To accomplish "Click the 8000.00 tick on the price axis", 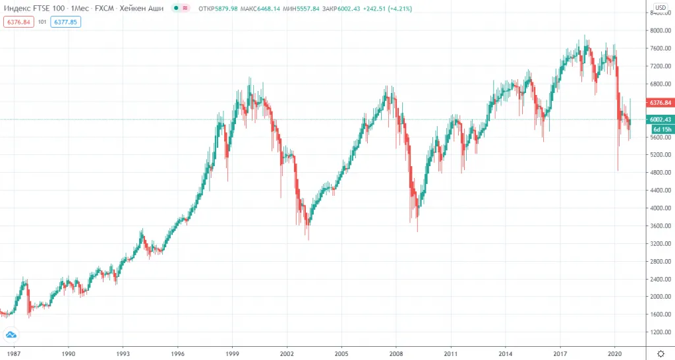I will [660, 31].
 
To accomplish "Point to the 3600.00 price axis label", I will [660, 225].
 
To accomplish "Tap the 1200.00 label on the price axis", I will [660, 332].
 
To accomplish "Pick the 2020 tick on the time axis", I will [614, 353].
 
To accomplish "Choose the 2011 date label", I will [451, 353].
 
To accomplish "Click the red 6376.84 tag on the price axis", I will [660, 103].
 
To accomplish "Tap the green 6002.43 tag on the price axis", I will [660, 119].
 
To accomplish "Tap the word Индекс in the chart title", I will [18, 8].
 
